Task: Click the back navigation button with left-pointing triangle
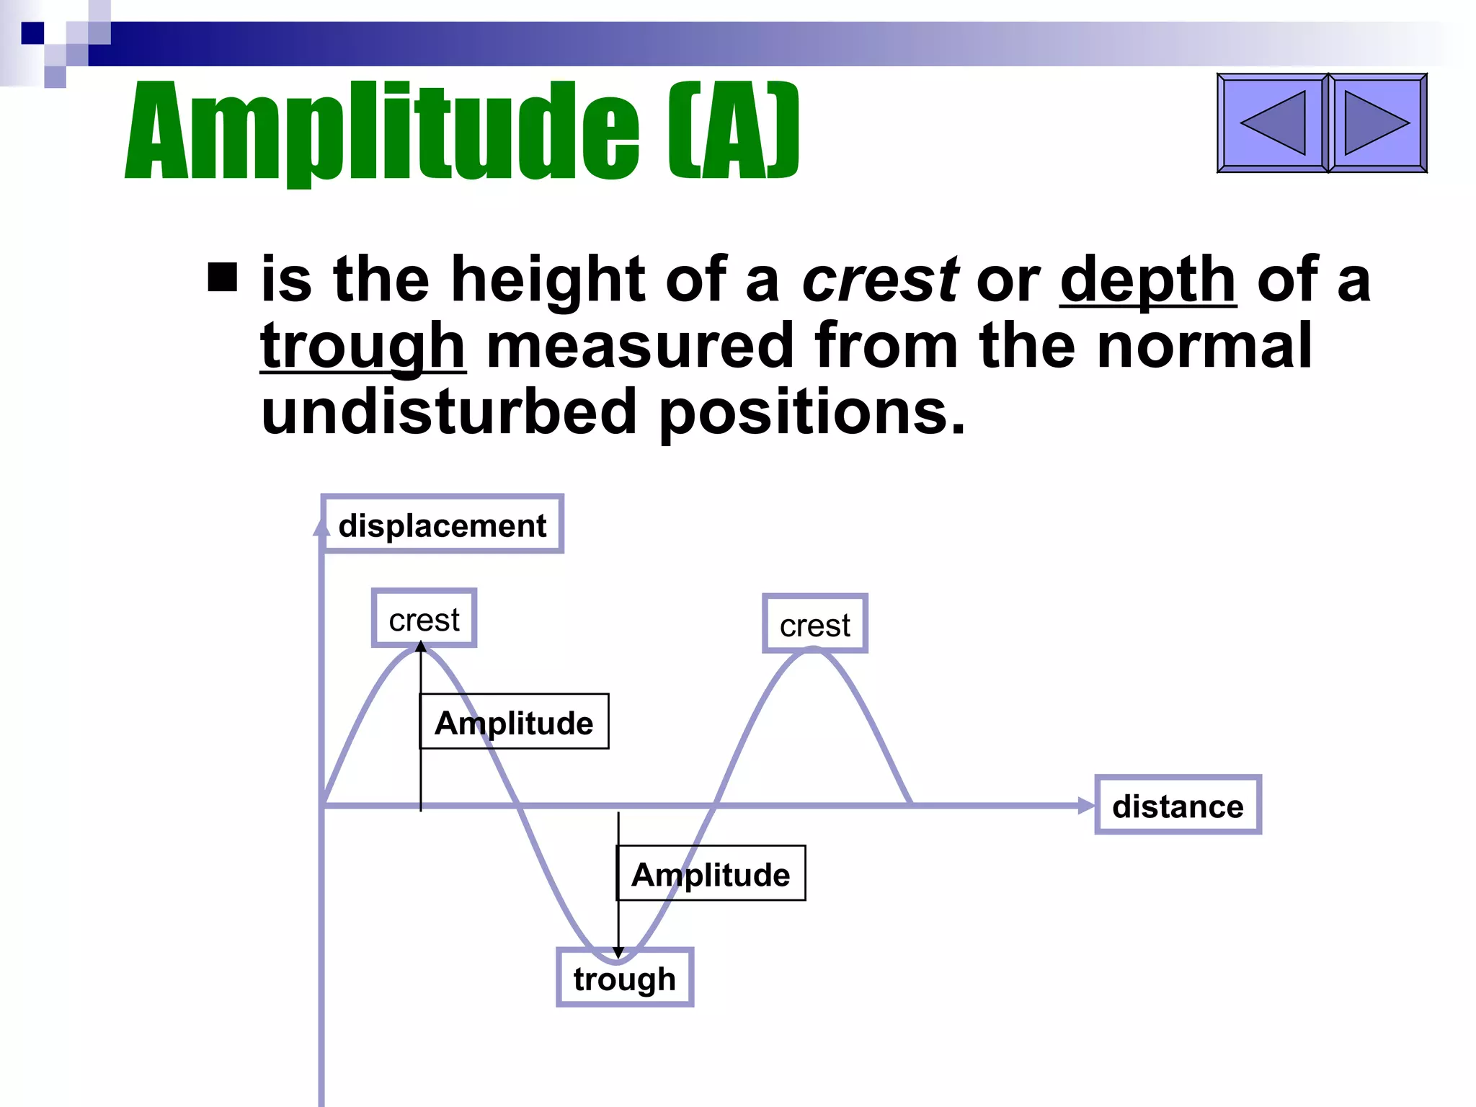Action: pyautogui.click(x=1272, y=123)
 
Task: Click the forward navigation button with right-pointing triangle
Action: pyautogui.click(x=1377, y=123)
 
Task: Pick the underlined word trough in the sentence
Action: pyautogui.click(x=363, y=347)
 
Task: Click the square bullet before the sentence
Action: pyautogui.click(x=222, y=277)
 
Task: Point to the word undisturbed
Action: pyautogui.click(x=448, y=412)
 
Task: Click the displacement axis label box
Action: pyautogui.click(x=442, y=525)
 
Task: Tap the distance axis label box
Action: pyautogui.click(x=1178, y=805)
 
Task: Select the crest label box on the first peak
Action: pyautogui.click(x=424, y=618)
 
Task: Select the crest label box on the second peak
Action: pyautogui.click(x=814, y=624)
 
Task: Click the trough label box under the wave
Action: pyautogui.click(x=624, y=977)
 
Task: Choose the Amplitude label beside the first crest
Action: pyautogui.click(x=514, y=721)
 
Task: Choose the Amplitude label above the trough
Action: pyautogui.click(x=711, y=873)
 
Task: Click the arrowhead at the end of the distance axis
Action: pyautogui.click(x=1085, y=806)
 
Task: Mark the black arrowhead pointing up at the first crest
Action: pyautogui.click(x=421, y=646)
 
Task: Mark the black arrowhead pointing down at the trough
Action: pyautogui.click(x=618, y=953)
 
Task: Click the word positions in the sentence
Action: pyautogui.click(x=812, y=412)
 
